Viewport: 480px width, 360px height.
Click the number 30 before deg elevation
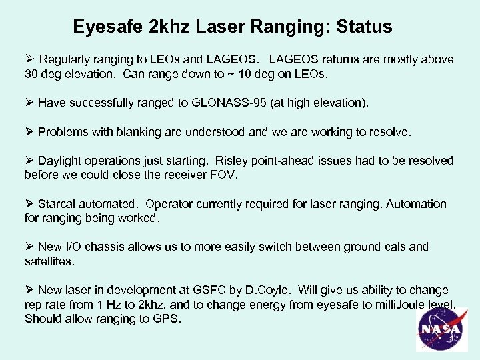pos(31,74)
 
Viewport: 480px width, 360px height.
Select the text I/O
pos(76,247)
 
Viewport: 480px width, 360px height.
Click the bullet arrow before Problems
pos(29,132)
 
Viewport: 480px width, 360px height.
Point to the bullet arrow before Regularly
pos(29,59)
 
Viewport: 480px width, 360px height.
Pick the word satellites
pos(48,261)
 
